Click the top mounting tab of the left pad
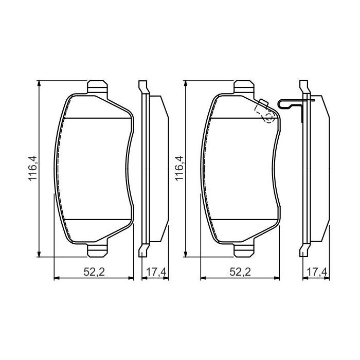[x=98, y=87]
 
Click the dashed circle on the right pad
[x=268, y=118]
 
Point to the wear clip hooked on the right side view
[x=291, y=104]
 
